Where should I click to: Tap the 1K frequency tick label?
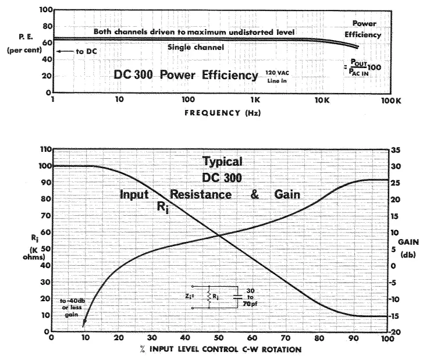coord(255,100)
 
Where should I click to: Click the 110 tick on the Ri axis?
coord(42,149)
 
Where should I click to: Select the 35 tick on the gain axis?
coord(396,149)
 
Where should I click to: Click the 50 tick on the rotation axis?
coord(219,338)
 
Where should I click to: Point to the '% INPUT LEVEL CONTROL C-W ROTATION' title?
coord(219,350)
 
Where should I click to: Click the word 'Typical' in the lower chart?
coord(222,161)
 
